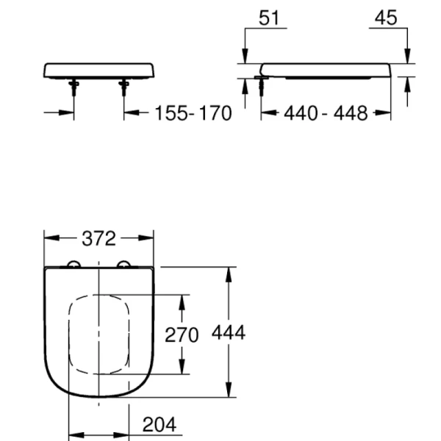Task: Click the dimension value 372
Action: (x=98, y=238)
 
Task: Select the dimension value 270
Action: (x=181, y=335)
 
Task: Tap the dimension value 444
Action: (x=229, y=332)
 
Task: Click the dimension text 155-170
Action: (x=193, y=113)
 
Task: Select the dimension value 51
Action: (x=270, y=18)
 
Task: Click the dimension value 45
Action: (x=385, y=18)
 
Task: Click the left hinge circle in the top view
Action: (x=73, y=265)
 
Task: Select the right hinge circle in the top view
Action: (x=123, y=265)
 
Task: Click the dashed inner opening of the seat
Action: (x=98, y=335)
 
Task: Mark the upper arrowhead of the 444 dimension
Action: (x=229, y=273)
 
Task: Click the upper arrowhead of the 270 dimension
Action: (x=182, y=300)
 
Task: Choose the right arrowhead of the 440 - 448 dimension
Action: (x=385, y=113)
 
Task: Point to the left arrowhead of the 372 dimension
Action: (x=49, y=238)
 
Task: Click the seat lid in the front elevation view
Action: (x=99, y=71)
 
